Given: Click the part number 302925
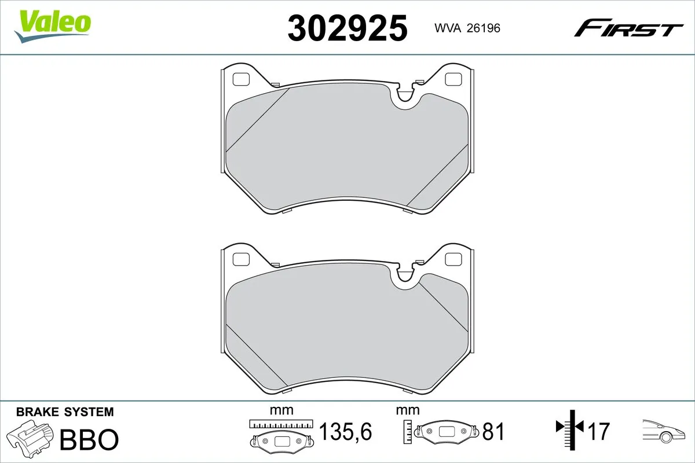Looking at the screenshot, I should pyautogui.click(x=348, y=27).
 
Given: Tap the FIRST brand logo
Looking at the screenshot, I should pyautogui.click(x=628, y=27).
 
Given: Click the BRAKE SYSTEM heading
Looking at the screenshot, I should pyautogui.click(x=65, y=412).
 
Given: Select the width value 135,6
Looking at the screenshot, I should pyautogui.click(x=346, y=432).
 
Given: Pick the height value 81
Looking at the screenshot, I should pyautogui.click(x=493, y=432).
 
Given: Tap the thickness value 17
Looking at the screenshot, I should pyautogui.click(x=599, y=432).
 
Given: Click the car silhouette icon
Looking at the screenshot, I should pyautogui.click(x=663, y=431).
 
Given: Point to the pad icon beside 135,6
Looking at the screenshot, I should pyautogui.click(x=281, y=434).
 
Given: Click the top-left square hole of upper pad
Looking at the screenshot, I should pyautogui.click(x=240, y=79).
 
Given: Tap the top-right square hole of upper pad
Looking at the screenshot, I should pyautogui.click(x=452, y=79).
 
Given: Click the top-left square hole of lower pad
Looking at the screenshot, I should pyautogui.click(x=240, y=258).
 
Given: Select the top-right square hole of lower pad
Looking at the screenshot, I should pyautogui.click(x=452, y=258).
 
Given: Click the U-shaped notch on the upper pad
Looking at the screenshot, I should pyautogui.click(x=405, y=97).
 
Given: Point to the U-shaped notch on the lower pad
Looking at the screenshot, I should pyautogui.click(x=405, y=277).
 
